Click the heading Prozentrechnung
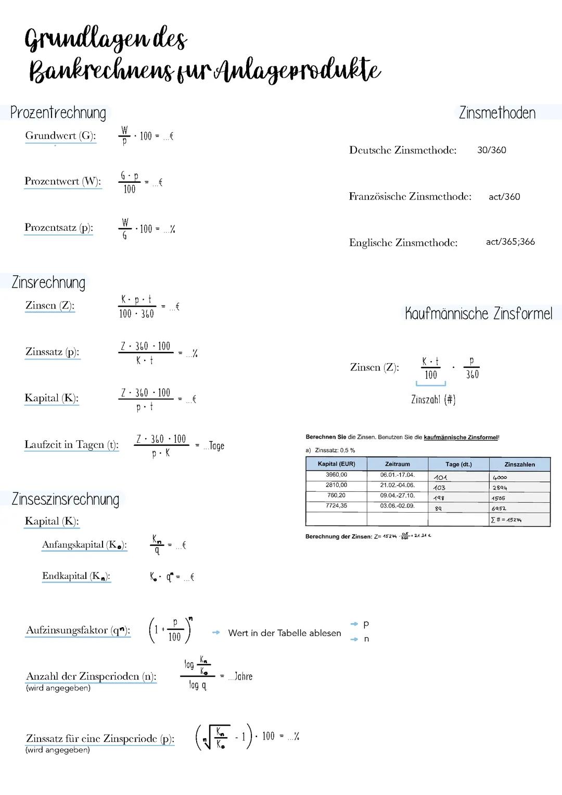pyautogui.click(x=58, y=113)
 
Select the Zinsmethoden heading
pyautogui.click(x=497, y=113)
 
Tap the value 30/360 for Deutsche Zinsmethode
pyautogui.click(x=491, y=150)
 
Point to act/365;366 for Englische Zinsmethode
pyautogui.click(x=510, y=242)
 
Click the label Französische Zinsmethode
pyautogui.click(x=410, y=196)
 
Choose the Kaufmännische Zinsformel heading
pyautogui.click(x=478, y=314)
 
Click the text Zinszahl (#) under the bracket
pyautogui.click(x=433, y=400)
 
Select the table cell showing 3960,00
pyautogui.click(x=336, y=475)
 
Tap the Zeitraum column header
pyautogui.click(x=397, y=464)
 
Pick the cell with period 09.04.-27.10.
pyautogui.click(x=397, y=495)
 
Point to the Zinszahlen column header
pyautogui.click(x=519, y=464)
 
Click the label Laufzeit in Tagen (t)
pyautogui.click(x=71, y=445)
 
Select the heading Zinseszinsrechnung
pyautogui.click(x=66, y=499)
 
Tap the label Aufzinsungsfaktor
pyautogui.click(x=78, y=630)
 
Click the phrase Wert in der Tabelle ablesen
pyautogui.click(x=284, y=633)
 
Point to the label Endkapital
pyautogui.click(x=76, y=576)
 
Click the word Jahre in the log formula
pyautogui.click(x=243, y=677)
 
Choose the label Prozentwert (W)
pyautogui.click(x=62, y=181)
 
